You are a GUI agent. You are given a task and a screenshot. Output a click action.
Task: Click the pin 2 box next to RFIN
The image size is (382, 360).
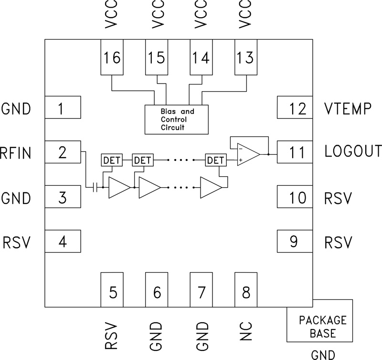[62, 153]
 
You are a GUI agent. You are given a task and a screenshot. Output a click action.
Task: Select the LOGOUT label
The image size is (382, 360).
[352, 151]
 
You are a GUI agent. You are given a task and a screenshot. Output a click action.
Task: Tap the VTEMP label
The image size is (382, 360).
[347, 109]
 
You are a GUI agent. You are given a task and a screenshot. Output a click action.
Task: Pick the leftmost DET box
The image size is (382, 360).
[111, 160]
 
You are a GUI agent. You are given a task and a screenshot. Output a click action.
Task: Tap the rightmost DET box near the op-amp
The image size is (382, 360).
[214, 160]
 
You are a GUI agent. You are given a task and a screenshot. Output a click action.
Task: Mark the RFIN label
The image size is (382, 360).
[16, 153]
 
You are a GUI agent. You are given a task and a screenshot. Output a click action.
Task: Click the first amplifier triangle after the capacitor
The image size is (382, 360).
[118, 187]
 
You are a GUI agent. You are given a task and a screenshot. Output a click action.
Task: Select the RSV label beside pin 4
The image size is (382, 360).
[17, 243]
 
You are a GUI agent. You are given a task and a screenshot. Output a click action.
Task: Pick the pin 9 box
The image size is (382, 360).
[295, 241]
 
